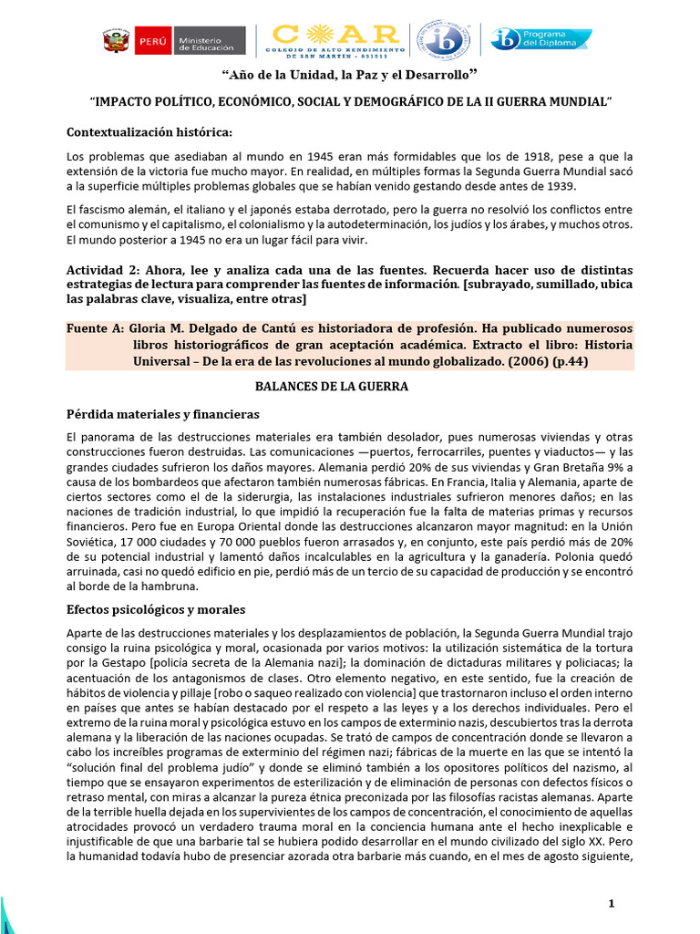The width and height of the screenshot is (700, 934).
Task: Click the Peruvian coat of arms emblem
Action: point(116,41)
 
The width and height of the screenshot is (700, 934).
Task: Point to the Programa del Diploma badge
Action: point(540,39)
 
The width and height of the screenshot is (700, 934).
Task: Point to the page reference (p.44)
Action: point(563,361)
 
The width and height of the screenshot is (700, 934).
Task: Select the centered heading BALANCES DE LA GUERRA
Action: point(331,387)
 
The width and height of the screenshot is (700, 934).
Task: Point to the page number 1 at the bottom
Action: point(612,903)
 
